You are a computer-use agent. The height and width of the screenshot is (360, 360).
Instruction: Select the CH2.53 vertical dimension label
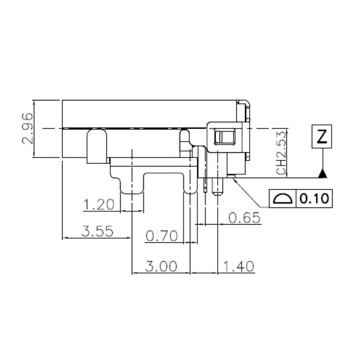[282, 153]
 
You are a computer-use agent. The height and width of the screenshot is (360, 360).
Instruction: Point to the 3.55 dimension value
[97, 231]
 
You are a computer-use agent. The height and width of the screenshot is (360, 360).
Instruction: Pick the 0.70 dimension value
[161, 236]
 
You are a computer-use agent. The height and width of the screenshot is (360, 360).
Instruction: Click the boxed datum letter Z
[322, 137]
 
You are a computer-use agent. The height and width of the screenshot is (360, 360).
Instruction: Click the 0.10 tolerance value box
[314, 199]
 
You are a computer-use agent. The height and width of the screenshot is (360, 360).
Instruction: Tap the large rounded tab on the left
[96, 145]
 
